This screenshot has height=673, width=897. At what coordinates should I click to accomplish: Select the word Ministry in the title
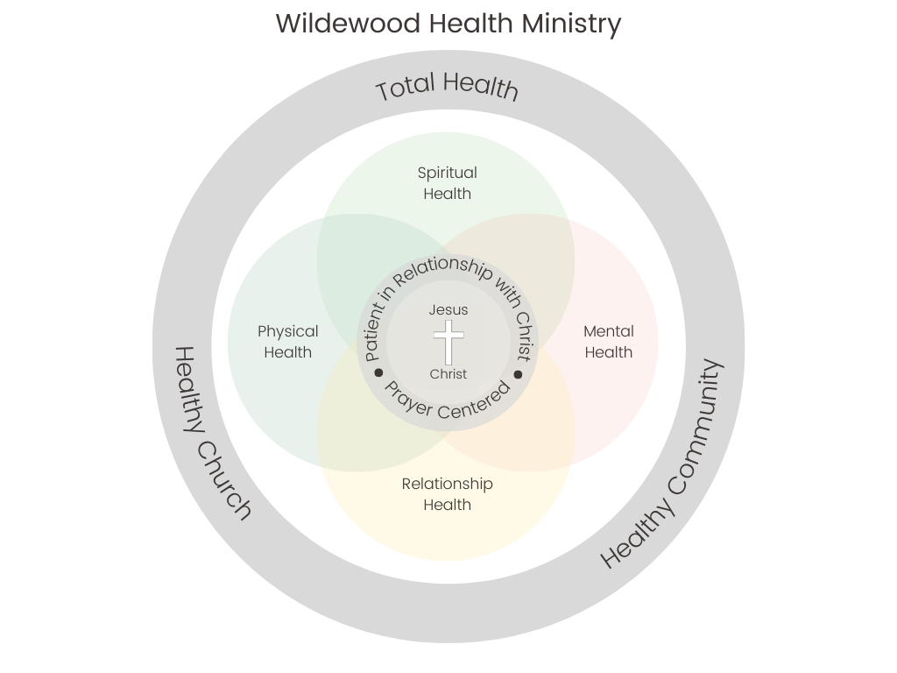pos(572,24)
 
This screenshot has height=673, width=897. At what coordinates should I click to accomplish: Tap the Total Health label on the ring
pos(447,86)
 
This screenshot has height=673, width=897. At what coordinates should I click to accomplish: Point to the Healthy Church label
pos(212,434)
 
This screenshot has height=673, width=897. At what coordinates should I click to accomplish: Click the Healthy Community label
pos(663,464)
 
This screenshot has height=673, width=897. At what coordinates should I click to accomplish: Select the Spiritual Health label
pos(447,183)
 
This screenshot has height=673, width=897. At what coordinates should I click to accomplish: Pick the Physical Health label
pos(287,342)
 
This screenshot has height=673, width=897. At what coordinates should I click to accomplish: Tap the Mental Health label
pos(608,342)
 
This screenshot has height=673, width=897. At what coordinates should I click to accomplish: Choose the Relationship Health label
pos(447,494)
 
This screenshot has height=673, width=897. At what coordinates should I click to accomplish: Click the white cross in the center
pos(448,342)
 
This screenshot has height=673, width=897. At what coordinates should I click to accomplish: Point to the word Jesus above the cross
pos(448,309)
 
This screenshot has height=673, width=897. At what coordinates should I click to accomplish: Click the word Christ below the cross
pos(448,374)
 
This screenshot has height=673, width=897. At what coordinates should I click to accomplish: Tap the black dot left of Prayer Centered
pos(379,373)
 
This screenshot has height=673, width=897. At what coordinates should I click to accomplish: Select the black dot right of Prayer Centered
pos(518,374)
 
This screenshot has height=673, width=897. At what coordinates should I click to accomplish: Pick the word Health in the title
pos(471,24)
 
